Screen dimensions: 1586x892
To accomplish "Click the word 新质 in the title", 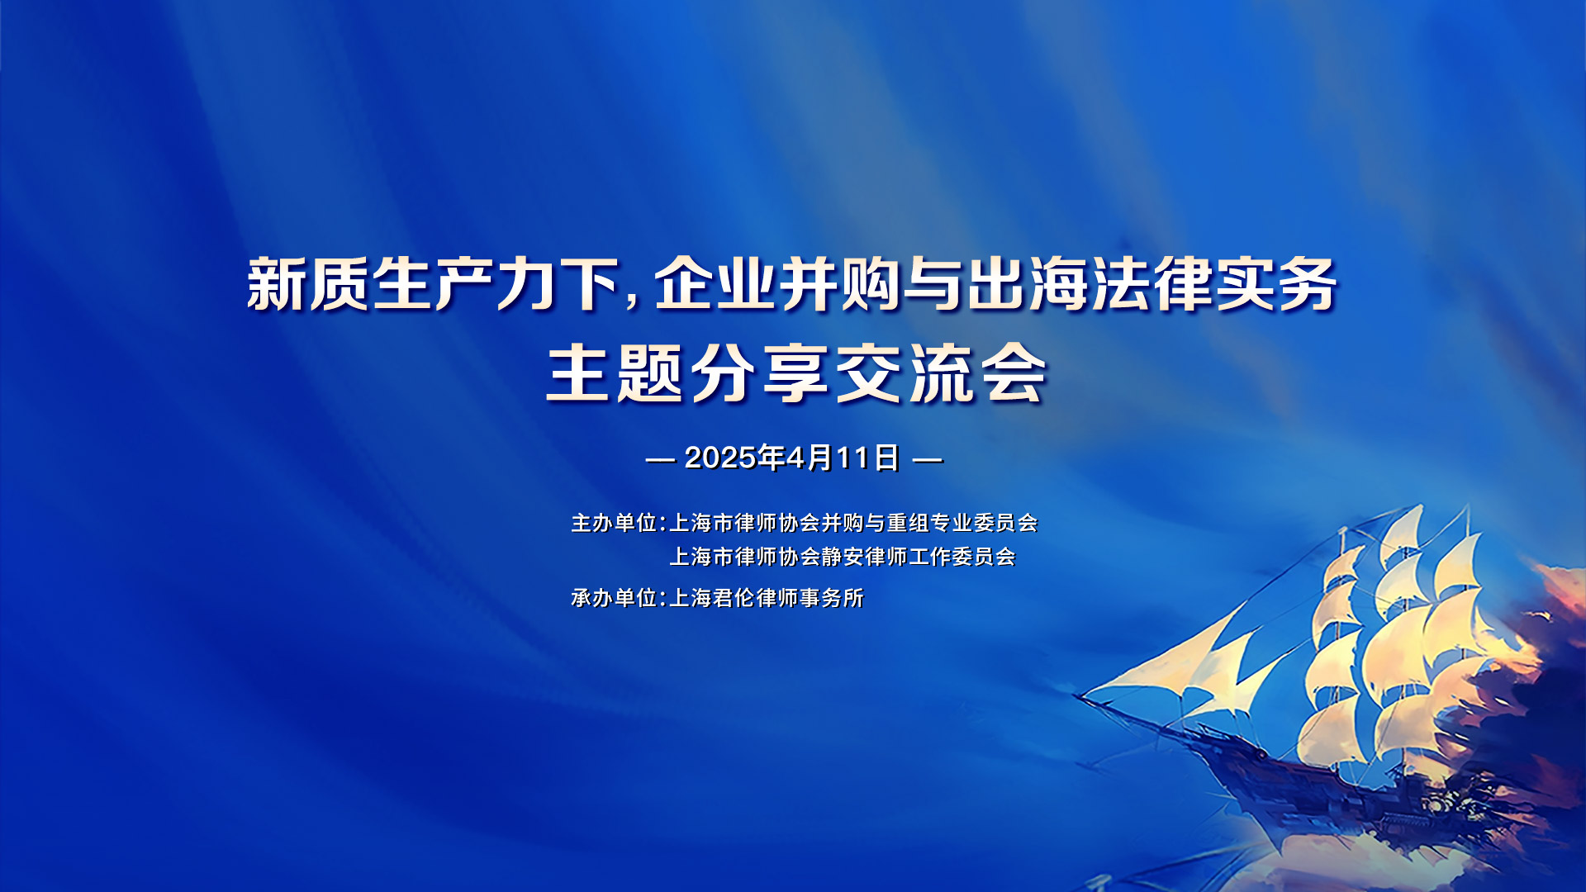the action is point(308,284).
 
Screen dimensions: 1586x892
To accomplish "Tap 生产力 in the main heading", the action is point(465,284).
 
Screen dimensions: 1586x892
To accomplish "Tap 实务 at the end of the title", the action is point(1277,284).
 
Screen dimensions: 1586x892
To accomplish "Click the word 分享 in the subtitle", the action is point(761,373).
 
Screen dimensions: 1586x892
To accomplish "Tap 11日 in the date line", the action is point(867,458).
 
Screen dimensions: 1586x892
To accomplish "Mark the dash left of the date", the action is point(661,459).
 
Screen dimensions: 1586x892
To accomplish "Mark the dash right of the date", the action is point(928,459).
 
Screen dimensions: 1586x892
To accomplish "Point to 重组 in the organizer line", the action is point(908,523).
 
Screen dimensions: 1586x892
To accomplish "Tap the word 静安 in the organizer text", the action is point(843,557).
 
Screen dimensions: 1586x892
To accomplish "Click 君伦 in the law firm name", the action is point(734,597).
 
